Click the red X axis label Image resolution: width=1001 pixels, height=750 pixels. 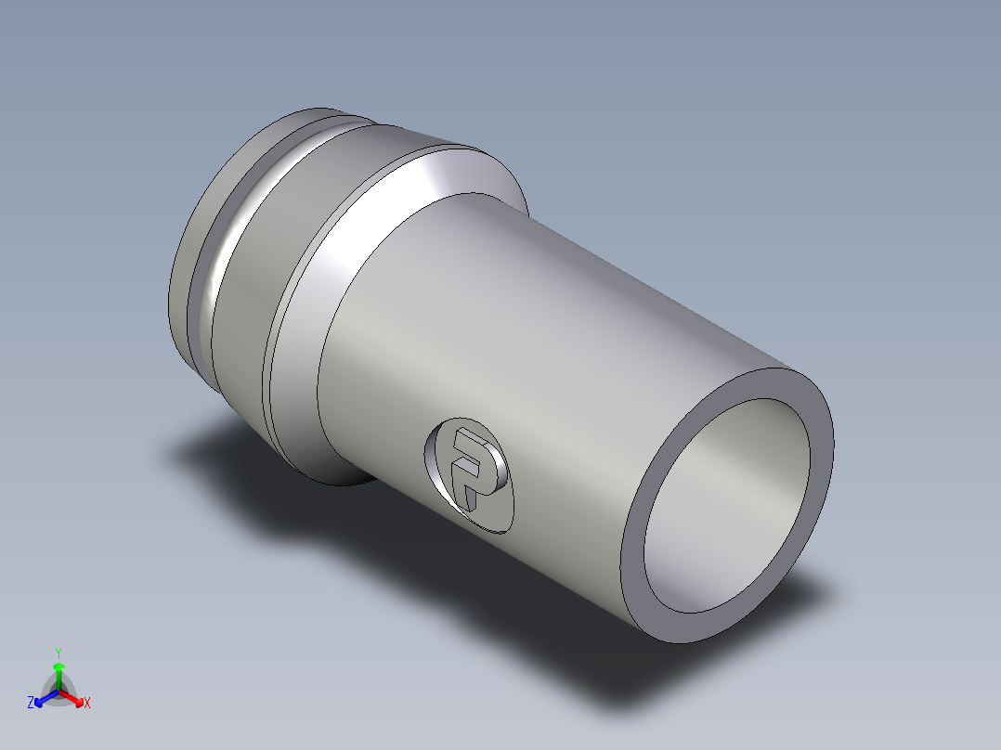click(87, 704)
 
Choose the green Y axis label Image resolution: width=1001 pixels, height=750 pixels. click(58, 653)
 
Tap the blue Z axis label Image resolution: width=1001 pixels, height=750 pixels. click(31, 703)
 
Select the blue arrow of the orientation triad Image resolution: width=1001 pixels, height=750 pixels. click(44, 698)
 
